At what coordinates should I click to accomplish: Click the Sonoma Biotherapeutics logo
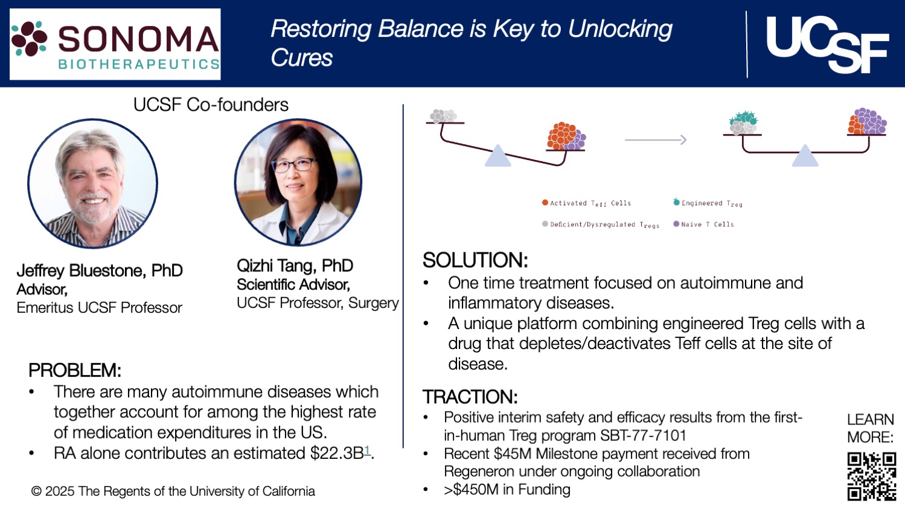(115, 44)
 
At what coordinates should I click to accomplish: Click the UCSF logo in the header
(827, 44)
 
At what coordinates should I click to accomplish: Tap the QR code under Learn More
(871, 476)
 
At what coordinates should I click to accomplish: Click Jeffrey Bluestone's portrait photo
(92, 184)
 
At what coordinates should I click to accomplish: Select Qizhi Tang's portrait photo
(298, 182)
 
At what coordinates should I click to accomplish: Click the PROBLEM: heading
(75, 370)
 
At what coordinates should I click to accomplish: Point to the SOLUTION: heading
(475, 260)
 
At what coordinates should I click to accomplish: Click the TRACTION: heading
(470, 397)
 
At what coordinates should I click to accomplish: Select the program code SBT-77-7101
(643, 435)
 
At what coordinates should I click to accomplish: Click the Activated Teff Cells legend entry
(586, 203)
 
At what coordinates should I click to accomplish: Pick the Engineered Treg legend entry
(708, 203)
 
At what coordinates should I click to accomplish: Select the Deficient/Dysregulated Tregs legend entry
(601, 225)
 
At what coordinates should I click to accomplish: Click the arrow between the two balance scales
(655, 140)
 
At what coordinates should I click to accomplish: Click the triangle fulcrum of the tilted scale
(498, 156)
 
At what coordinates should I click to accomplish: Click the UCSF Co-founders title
(211, 104)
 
